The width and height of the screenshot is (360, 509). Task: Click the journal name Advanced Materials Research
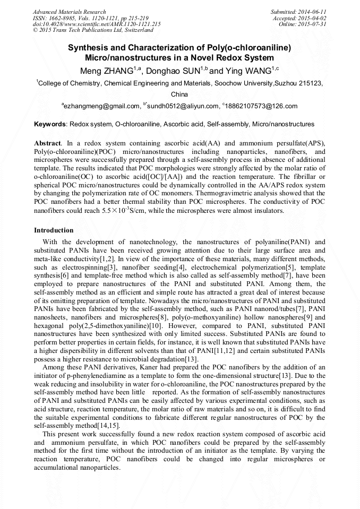click(69, 12)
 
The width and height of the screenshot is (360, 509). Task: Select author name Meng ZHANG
click(106, 71)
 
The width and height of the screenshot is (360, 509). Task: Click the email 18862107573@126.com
click(261, 106)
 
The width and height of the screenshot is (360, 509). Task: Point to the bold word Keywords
click(50, 124)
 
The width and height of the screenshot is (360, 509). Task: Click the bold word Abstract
click(47, 144)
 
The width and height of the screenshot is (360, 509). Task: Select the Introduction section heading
click(54, 230)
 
